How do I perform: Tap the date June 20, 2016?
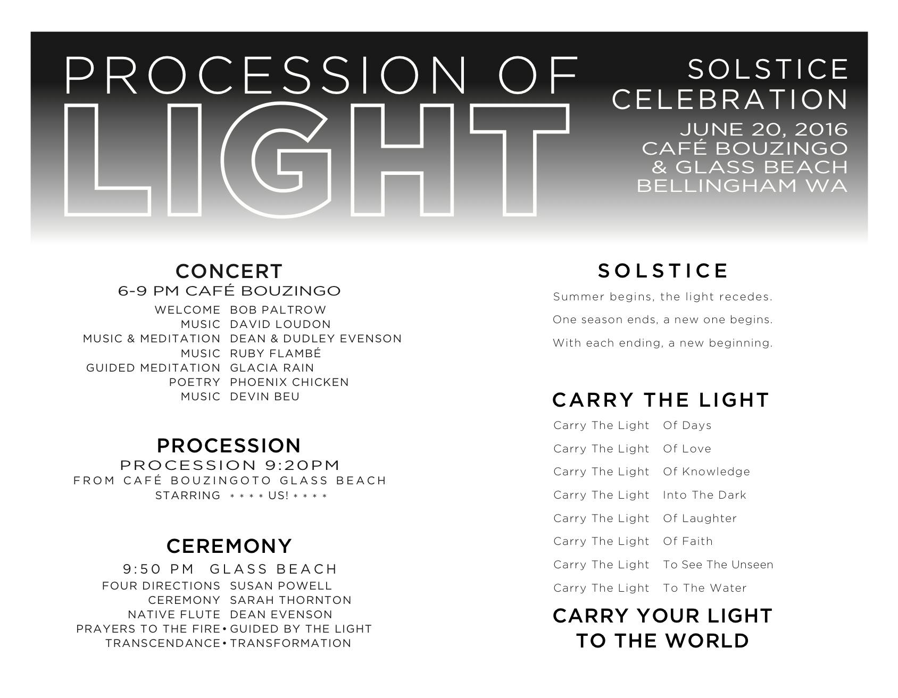[x=763, y=129]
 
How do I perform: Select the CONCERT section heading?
[x=229, y=271]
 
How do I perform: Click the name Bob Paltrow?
[x=278, y=310]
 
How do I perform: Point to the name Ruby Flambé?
[x=276, y=353]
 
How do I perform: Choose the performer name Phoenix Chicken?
[x=289, y=382]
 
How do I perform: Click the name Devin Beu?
[x=265, y=397]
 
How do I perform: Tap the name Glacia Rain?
[x=272, y=368]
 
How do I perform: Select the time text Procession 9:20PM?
[x=230, y=465]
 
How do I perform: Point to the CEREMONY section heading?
[x=229, y=546]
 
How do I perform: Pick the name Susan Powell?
[x=281, y=586]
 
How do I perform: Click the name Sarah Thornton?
[x=291, y=600]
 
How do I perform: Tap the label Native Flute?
[x=174, y=615]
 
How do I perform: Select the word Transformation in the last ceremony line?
[x=291, y=643]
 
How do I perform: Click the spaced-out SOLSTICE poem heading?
[x=663, y=271]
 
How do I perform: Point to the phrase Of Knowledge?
[x=706, y=472]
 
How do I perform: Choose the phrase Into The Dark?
[x=704, y=495]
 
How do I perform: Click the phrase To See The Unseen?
[x=718, y=565]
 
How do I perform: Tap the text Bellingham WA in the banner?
[x=742, y=186]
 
